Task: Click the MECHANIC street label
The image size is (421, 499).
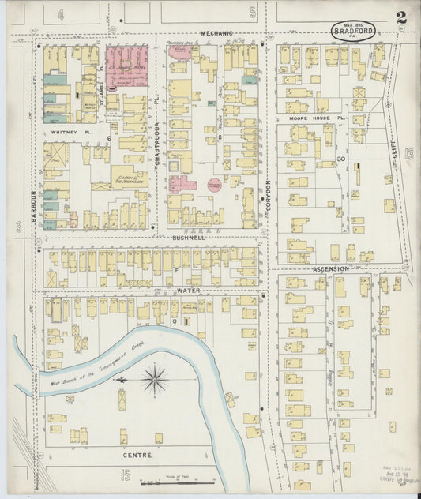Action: [x=216, y=33]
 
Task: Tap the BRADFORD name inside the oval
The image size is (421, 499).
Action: [x=353, y=32]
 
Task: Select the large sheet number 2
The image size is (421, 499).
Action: [x=402, y=17]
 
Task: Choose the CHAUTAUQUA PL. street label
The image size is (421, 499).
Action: [x=158, y=148]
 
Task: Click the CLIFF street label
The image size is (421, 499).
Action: [x=393, y=151]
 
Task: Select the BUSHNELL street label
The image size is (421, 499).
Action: [x=187, y=236]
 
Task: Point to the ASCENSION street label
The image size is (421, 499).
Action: [x=330, y=268]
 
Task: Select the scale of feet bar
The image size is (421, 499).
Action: [x=175, y=482]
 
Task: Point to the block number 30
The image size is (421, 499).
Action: [x=341, y=159]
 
